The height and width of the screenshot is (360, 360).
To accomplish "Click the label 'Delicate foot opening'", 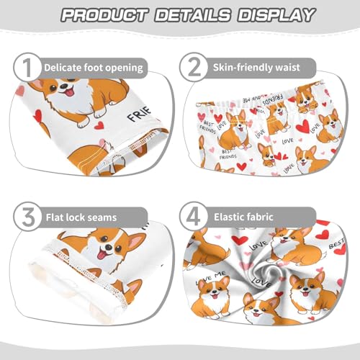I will pos(94,67).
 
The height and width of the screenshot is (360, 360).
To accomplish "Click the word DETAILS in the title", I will pos(192,15).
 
